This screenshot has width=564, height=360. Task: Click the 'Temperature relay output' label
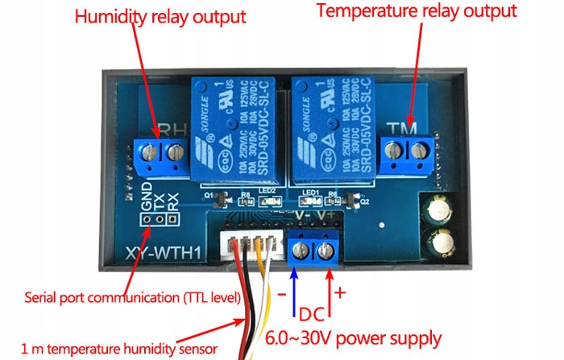pyautogui.click(x=416, y=11)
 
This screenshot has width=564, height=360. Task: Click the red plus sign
pyautogui.click(x=339, y=292)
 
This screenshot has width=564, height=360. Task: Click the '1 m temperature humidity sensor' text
pyautogui.click(x=118, y=349)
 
